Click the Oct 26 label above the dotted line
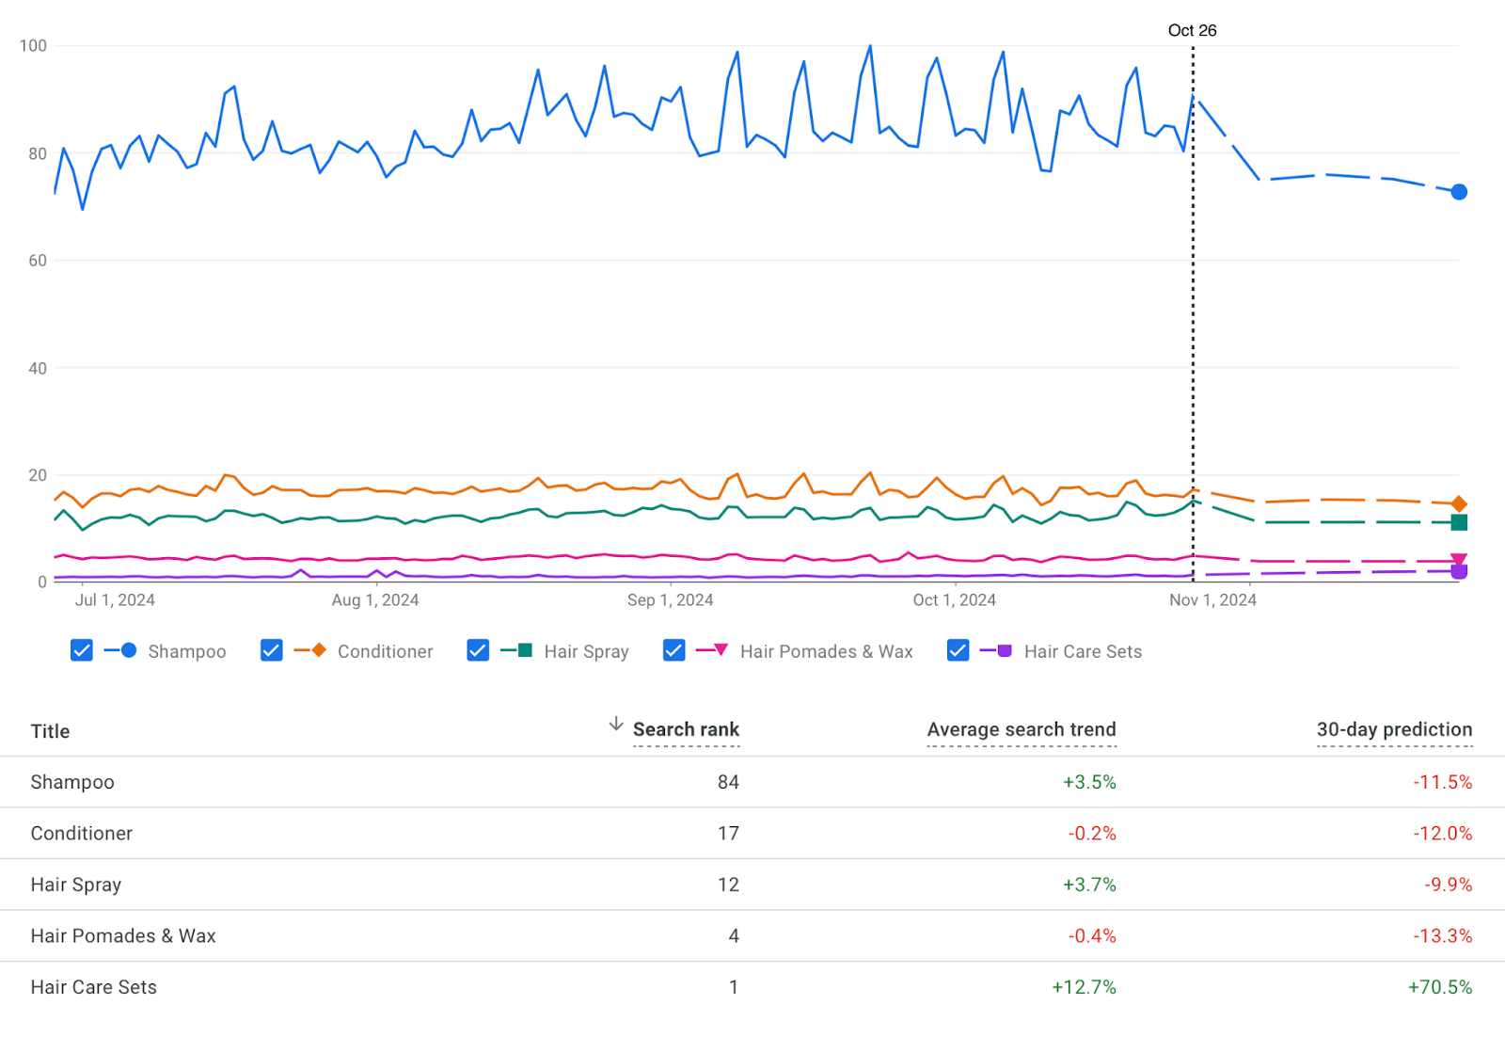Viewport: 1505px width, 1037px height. click(x=1192, y=30)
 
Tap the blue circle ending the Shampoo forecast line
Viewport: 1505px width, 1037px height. click(x=1459, y=192)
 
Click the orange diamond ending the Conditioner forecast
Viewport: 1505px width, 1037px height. click(x=1459, y=504)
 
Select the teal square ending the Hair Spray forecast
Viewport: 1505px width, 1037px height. click(x=1459, y=522)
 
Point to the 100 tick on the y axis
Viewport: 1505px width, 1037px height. click(x=33, y=46)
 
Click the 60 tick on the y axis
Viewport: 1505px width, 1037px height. click(x=37, y=261)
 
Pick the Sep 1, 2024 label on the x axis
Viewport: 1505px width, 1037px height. click(x=670, y=600)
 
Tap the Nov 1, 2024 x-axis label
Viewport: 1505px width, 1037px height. click(x=1212, y=600)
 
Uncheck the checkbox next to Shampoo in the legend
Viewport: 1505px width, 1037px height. click(x=82, y=650)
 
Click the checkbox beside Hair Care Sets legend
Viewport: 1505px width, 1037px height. click(x=958, y=650)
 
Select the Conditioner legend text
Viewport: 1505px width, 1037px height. click(x=385, y=651)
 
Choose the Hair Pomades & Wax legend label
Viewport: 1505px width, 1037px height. click(x=826, y=651)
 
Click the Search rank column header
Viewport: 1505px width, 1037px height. click(x=686, y=729)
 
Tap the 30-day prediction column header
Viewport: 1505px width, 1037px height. click(x=1394, y=729)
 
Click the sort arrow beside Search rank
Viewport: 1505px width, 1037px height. click(x=616, y=724)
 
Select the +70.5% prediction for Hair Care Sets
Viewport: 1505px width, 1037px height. click(x=1439, y=987)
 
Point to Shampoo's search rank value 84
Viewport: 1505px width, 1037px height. click(x=728, y=782)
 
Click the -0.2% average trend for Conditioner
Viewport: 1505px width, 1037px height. click(x=1091, y=834)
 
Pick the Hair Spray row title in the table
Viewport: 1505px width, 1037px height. click(x=76, y=885)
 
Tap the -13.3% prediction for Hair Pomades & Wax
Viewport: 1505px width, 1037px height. click(x=1442, y=936)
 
